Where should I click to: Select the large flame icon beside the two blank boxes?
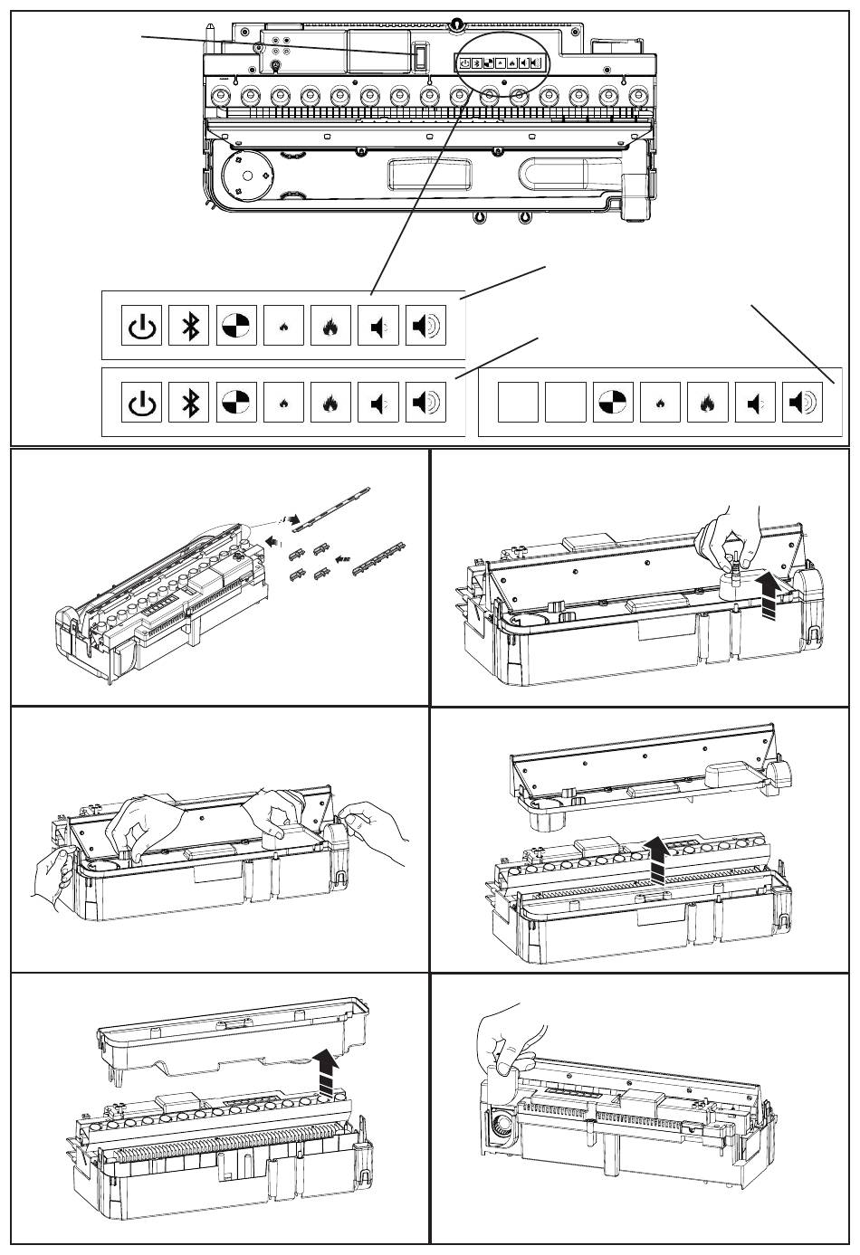pyautogui.click(x=708, y=402)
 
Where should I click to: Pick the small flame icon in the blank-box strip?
pyautogui.click(x=661, y=402)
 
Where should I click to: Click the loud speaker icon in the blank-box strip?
pyautogui.click(x=802, y=402)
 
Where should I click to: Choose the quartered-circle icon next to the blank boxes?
pyautogui.click(x=614, y=402)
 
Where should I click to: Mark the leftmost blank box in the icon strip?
pyautogui.click(x=518, y=402)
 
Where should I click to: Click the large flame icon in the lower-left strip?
pyautogui.click(x=331, y=402)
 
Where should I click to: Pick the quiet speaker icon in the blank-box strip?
pyautogui.click(x=755, y=402)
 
